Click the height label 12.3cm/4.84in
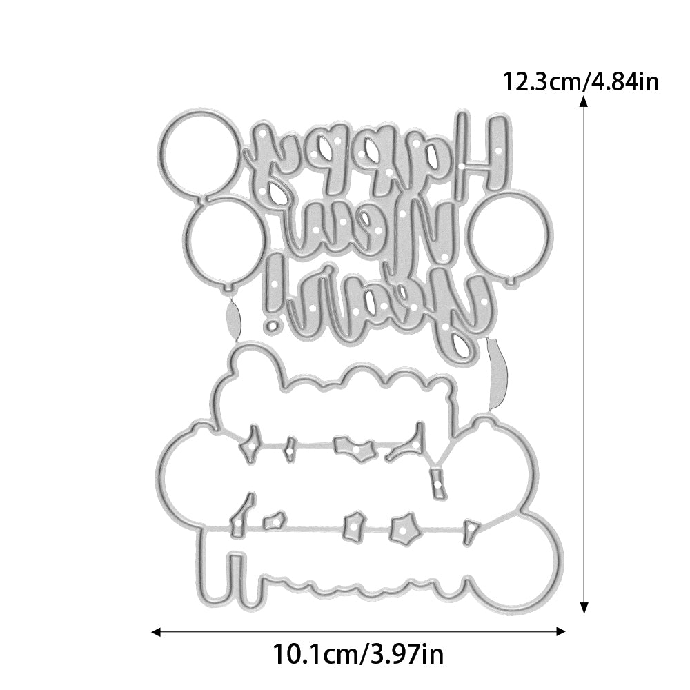point(580,82)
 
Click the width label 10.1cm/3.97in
point(358,654)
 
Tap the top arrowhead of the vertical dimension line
point(584,102)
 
